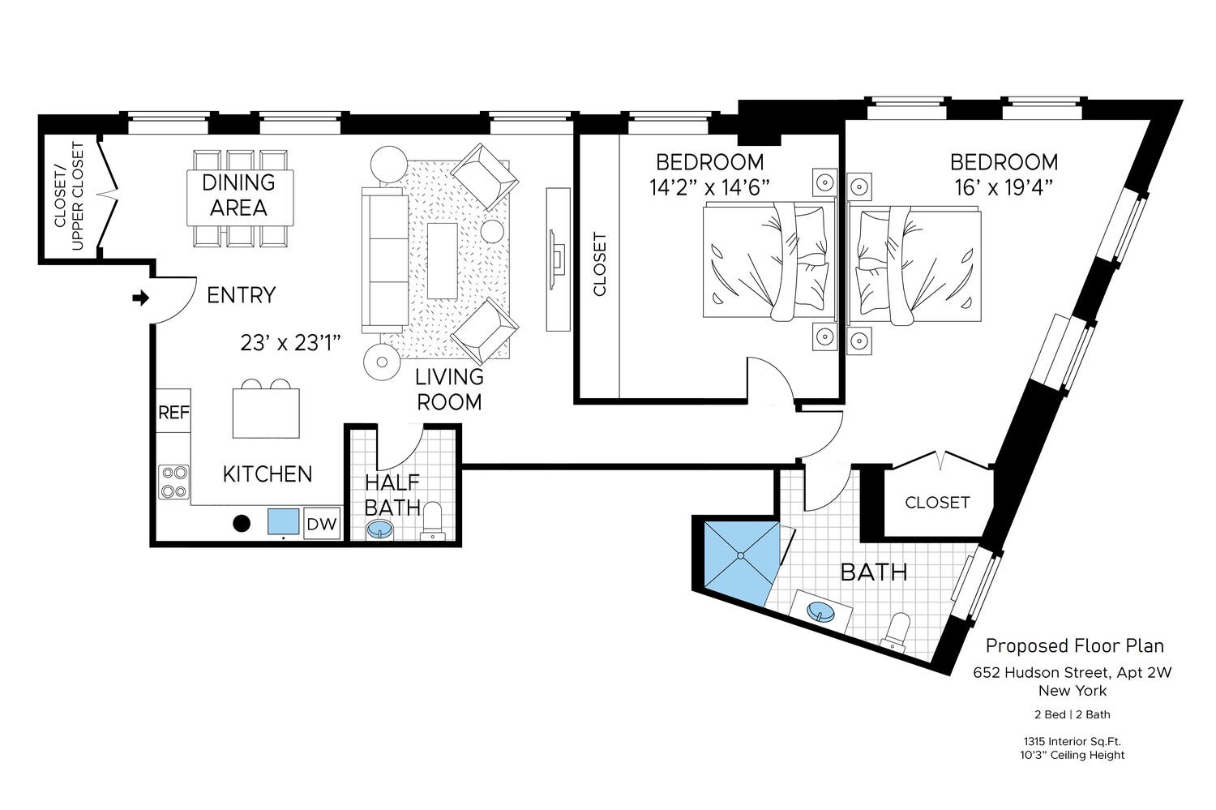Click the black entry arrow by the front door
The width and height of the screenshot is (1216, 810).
pos(141,298)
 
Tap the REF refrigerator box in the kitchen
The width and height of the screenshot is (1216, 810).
pos(173,412)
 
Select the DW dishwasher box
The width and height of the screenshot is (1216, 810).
pos(321,524)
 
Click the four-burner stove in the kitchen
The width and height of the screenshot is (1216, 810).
pos(174,481)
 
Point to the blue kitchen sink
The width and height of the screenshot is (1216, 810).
pos(284,521)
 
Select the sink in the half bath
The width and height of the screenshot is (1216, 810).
pos(381,531)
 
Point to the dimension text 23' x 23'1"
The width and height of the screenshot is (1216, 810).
pos(289,343)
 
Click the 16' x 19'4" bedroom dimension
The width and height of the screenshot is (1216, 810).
pos(1004,187)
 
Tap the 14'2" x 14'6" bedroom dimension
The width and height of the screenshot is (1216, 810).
pos(709,187)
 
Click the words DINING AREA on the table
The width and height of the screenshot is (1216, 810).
pos(238,195)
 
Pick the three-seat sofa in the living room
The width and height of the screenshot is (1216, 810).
pos(385,259)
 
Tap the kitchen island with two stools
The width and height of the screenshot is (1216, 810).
pos(266,413)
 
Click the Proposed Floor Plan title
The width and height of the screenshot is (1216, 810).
pos(1074,645)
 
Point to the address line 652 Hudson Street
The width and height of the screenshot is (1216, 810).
pos(1073,672)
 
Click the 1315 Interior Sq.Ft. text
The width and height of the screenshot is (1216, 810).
pos(1072,741)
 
